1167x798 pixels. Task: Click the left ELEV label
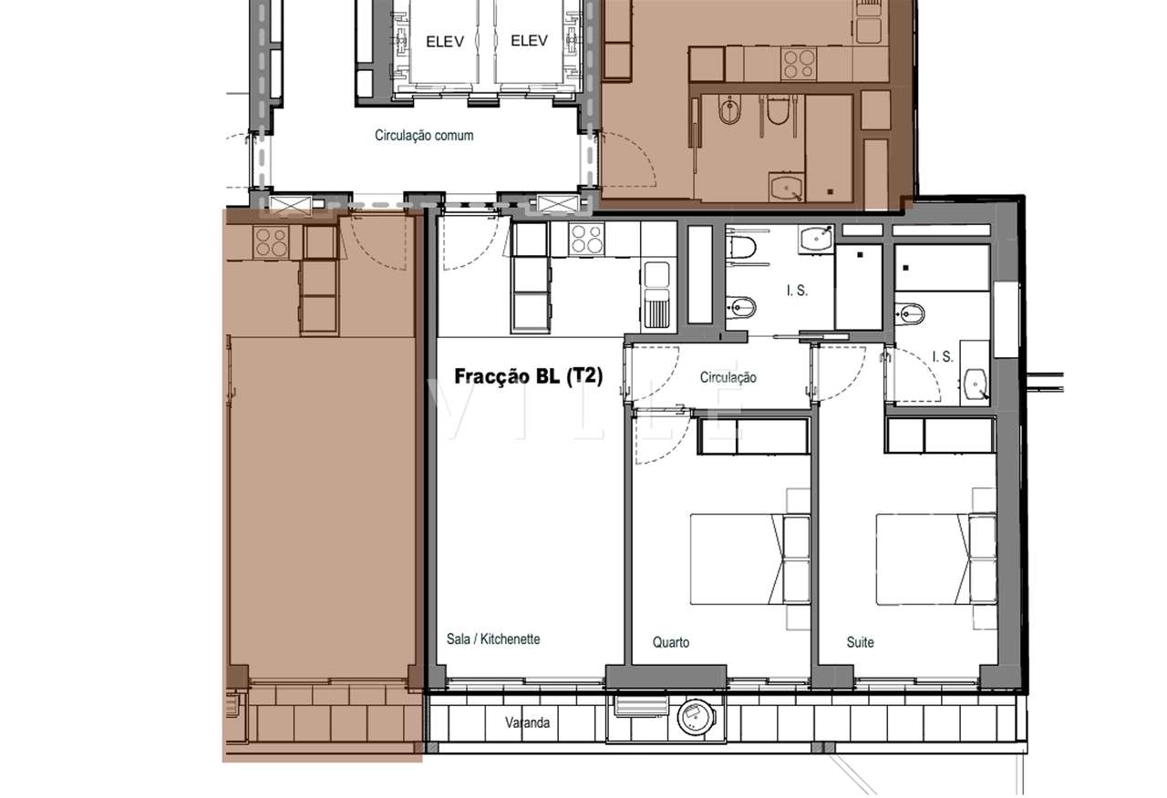point(445,40)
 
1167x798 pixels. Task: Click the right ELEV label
point(529,40)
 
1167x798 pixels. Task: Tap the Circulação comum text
point(424,136)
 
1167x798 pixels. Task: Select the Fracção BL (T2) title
point(529,376)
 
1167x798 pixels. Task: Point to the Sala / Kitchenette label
point(493,639)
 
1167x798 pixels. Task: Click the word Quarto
point(671,642)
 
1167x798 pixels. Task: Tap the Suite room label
point(860,642)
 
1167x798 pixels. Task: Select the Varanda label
point(528,724)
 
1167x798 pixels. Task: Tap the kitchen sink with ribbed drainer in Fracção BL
point(656,294)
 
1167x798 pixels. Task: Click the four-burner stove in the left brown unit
point(272,241)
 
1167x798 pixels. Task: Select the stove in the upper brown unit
point(800,62)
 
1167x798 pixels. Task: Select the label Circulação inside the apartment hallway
point(728,377)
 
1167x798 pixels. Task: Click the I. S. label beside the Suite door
point(942,357)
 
